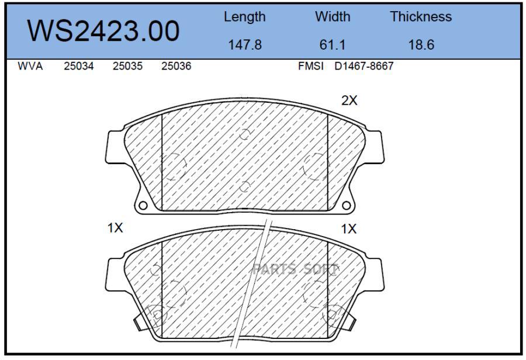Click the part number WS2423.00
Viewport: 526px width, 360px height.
tap(103, 31)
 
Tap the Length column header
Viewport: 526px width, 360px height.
tap(244, 17)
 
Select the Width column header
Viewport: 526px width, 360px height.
tap(333, 16)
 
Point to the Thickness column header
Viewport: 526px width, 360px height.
tap(421, 16)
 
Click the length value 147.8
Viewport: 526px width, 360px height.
tap(244, 44)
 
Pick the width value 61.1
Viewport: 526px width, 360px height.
tap(332, 44)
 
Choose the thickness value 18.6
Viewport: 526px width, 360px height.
tap(421, 44)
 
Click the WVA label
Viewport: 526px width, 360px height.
tap(30, 66)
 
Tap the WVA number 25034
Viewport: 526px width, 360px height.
tap(78, 66)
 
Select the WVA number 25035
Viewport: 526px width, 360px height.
tap(127, 66)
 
